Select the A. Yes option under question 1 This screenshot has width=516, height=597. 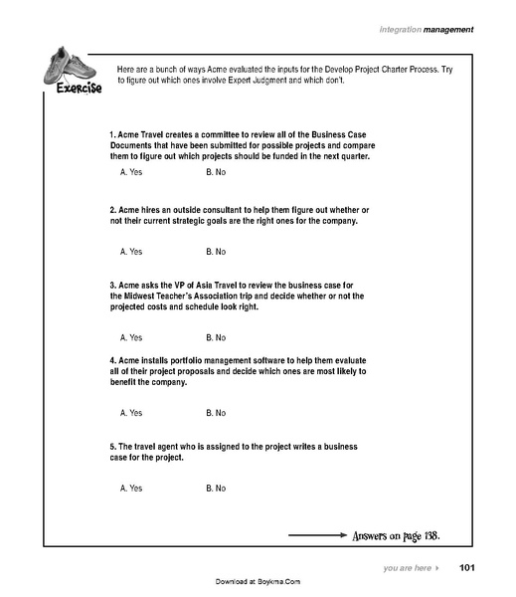(131, 173)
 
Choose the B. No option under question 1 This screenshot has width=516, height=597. (216, 173)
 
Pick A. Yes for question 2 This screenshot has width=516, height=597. (131, 252)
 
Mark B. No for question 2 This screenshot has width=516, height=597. (216, 252)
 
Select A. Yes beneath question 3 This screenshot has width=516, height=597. (131, 337)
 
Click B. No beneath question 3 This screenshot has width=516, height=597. (216, 337)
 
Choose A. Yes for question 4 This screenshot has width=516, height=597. (131, 412)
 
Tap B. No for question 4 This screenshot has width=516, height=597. (216, 412)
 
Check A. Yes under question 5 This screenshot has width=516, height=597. (131, 489)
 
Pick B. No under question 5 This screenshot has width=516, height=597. (216, 489)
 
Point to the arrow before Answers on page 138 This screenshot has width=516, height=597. (316, 537)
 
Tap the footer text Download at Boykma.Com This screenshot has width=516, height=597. (258, 581)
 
